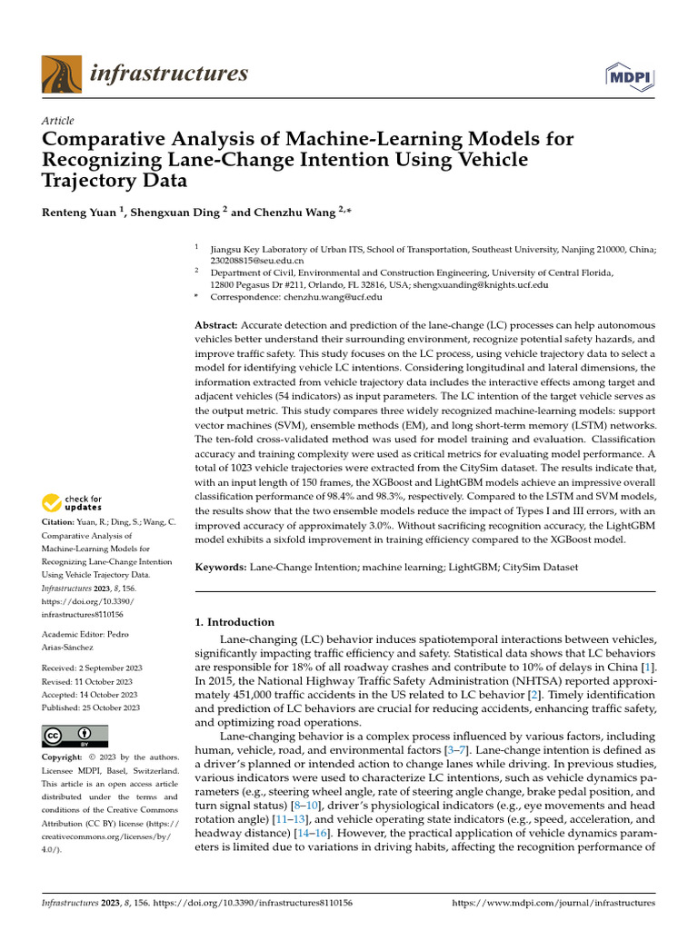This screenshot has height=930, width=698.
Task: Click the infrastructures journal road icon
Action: tap(61, 74)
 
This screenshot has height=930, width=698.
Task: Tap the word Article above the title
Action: tap(58, 121)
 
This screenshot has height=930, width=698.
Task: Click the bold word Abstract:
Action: tap(217, 325)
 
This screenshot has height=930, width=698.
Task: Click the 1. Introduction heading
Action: tap(235, 622)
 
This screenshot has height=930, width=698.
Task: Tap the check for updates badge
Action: tap(73, 502)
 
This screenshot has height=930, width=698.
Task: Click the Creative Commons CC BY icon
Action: tap(75, 736)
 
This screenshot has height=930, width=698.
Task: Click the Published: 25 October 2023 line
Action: tap(91, 707)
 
